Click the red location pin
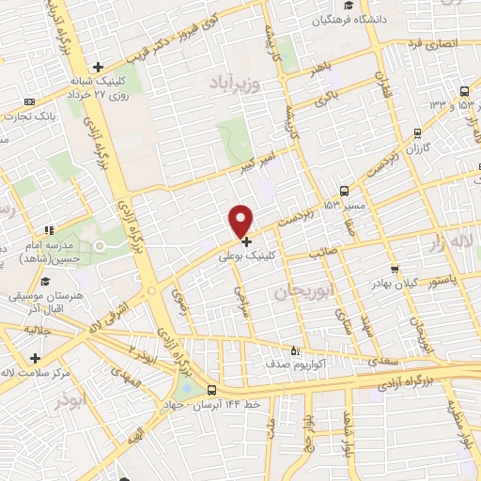pyautogui.click(x=241, y=221)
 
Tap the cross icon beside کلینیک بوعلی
pyautogui.click(x=247, y=241)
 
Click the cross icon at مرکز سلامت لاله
pyautogui.click(x=36, y=358)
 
